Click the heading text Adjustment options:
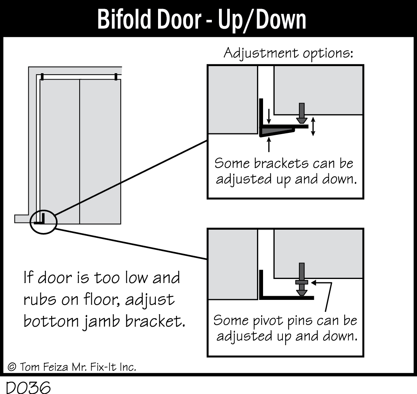pyautogui.click(x=288, y=53)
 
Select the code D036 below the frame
pyautogui.click(x=28, y=387)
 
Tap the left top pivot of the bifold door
pyautogui.click(x=42, y=77)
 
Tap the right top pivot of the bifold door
pyautogui.click(x=116, y=77)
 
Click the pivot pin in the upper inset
pyautogui.click(x=302, y=114)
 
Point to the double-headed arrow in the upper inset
pyautogui.click(x=313, y=126)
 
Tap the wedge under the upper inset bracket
pyautogui.click(x=278, y=131)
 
